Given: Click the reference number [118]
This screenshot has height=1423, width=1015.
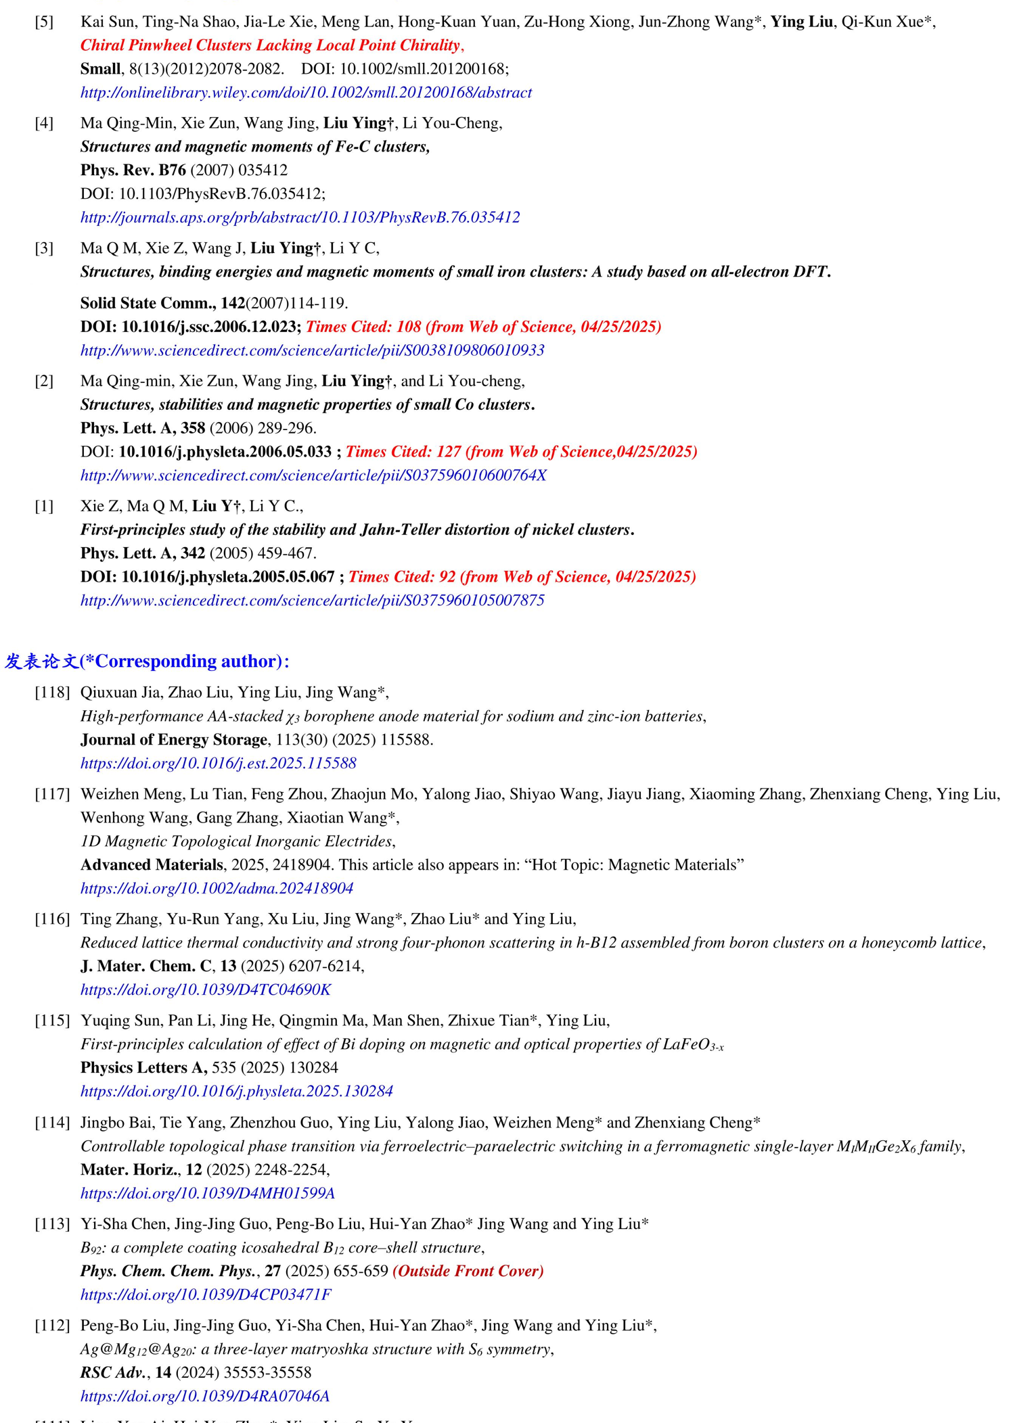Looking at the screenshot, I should tap(52, 692).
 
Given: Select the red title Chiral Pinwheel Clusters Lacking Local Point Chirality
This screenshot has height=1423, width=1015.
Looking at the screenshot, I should tap(271, 45).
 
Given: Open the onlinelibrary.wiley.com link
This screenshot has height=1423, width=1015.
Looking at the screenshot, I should tap(306, 93).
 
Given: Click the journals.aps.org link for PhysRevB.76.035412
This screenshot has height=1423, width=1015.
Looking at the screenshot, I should tap(300, 217).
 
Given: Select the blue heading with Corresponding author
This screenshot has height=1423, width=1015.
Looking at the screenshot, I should tap(147, 661).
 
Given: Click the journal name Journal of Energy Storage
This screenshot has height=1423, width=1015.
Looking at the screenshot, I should tap(173, 740).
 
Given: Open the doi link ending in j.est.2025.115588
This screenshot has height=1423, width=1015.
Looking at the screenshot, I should tap(218, 764).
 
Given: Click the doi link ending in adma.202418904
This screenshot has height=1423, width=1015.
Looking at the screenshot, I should tap(217, 889).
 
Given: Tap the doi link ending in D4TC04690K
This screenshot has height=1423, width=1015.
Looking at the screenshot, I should tap(206, 990).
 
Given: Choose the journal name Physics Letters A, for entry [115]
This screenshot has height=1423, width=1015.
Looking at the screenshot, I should tap(143, 1068).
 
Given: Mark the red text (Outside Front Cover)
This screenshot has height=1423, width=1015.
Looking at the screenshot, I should tap(468, 1271).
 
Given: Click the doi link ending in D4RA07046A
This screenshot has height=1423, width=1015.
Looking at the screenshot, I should tap(204, 1396).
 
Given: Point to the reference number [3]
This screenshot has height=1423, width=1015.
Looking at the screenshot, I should tap(44, 248).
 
